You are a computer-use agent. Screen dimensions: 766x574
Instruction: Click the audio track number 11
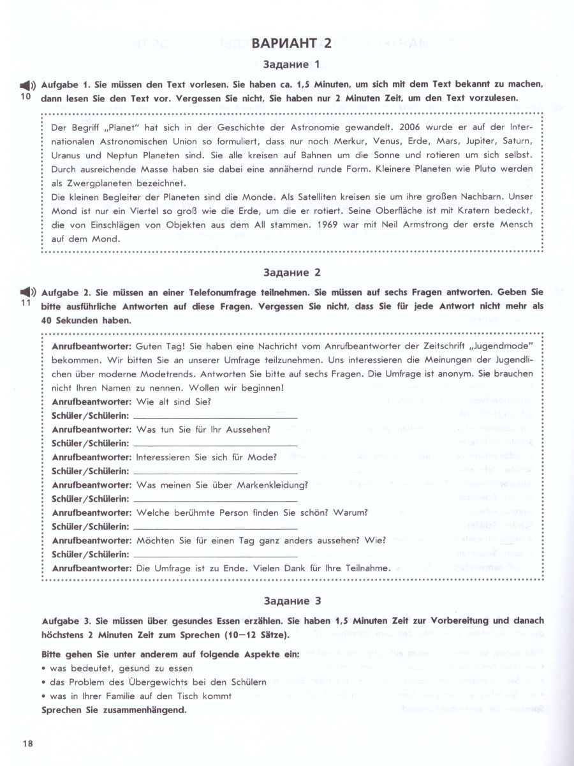coord(26,303)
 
